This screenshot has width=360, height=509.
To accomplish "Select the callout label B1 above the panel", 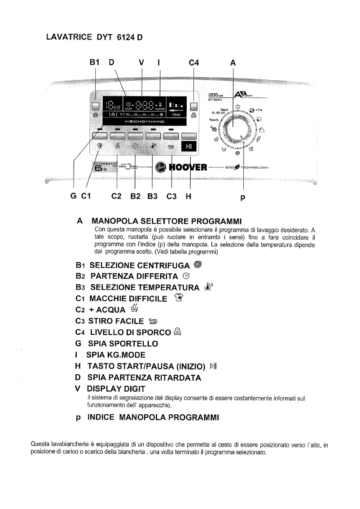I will (94, 63).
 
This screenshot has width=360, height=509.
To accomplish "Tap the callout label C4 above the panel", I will (193, 63).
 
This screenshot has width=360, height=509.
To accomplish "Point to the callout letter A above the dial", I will (233, 63).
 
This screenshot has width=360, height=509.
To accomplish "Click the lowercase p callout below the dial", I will (243, 196).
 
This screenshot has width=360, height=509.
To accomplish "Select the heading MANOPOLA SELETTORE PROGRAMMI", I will (167, 221).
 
